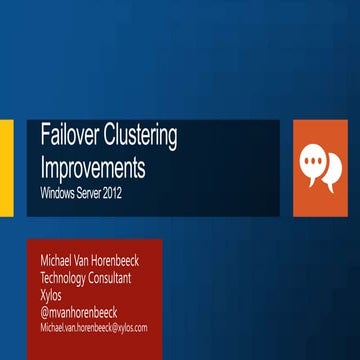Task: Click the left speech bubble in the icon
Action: point(314,158)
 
